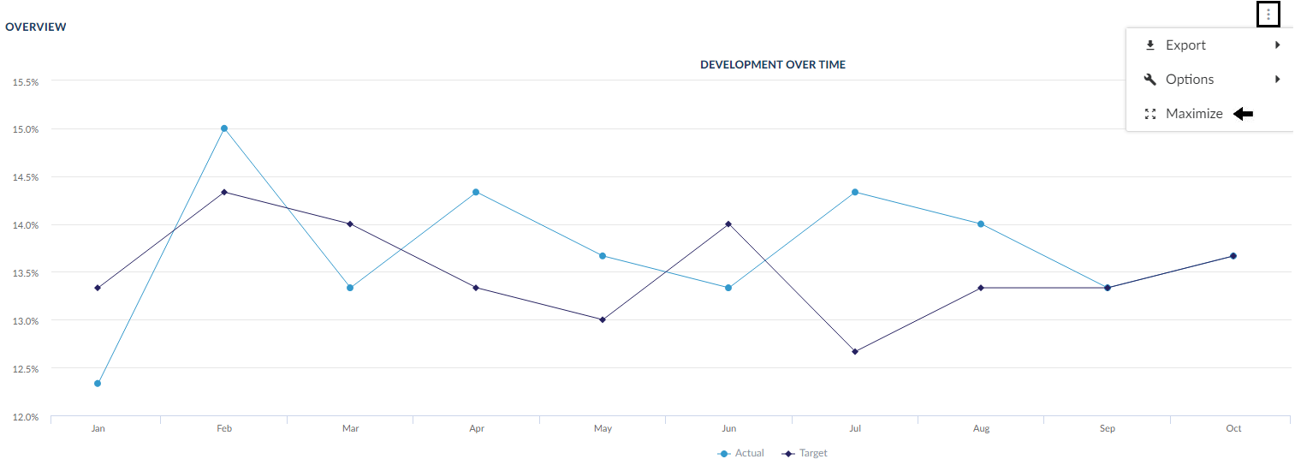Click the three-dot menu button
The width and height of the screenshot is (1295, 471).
pyautogui.click(x=1268, y=15)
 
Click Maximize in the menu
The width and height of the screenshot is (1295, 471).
pyautogui.click(x=1193, y=114)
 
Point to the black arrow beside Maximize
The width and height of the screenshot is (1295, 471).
pyautogui.click(x=1244, y=114)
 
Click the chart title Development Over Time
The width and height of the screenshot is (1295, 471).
pyautogui.click(x=772, y=64)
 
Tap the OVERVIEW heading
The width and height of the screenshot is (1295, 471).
pyautogui.click(x=36, y=27)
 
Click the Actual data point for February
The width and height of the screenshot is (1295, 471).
pyautogui.click(x=224, y=128)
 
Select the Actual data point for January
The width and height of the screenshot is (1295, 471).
pyautogui.click(x=98, y=384)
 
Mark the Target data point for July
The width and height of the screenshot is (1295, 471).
pyautogui.click(x=855, y=351)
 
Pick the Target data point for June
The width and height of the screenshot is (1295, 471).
pyautogui.click(x=728, y=224)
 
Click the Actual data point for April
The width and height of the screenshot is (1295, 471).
pyautogui.click(x=476, y=192)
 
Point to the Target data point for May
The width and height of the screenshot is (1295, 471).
pyautogui.click(x=603, y=319)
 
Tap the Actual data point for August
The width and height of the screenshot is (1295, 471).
pyautogui.click(x=981, y=224)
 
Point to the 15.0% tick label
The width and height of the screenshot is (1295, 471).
pyautogui.click(x=25, y=129)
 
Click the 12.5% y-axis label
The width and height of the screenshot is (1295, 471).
pyautogui.click(x=25, y=369)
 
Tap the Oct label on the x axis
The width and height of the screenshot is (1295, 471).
pyautogui.click(x=1233, y=428)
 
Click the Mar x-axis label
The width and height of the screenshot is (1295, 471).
pyautogui.click(x=350, y=428)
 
